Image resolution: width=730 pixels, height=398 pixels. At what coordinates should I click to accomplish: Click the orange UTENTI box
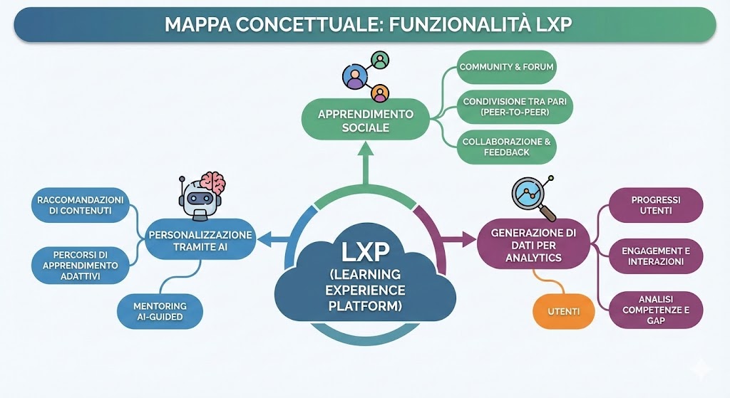(563, 311)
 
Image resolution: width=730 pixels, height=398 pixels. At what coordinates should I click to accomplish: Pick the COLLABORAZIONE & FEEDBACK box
(506, 147)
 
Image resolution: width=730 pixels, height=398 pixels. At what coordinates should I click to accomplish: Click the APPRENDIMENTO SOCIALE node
(365, 120)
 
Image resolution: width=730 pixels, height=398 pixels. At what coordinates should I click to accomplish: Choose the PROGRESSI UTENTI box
(655, 205)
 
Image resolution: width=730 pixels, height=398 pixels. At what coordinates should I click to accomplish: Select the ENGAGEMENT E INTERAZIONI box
(655, 256)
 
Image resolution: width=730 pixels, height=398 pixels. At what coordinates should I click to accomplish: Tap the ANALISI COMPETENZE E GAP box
(655, 310)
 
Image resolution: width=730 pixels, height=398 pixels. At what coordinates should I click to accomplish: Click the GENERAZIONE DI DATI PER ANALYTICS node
(533, 243)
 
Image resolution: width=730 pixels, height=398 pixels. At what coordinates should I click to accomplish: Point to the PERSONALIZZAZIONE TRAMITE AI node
(200, 240)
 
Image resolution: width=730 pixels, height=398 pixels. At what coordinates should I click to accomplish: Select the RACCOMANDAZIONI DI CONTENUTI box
(80, 205)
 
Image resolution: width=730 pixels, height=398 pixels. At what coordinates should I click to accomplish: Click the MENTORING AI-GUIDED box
(160, 311)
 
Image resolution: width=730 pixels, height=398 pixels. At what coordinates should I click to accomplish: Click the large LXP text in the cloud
(365, 252)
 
